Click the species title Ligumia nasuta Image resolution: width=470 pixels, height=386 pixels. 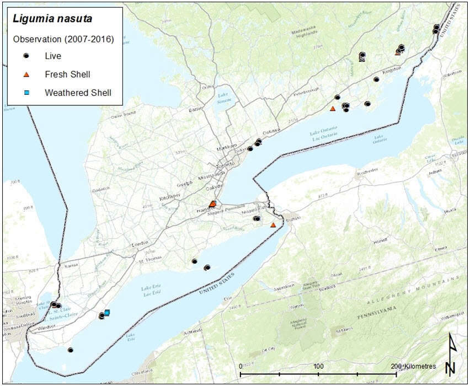click(x=52, y=20)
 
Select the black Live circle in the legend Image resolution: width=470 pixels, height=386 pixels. click(x=26, y=56)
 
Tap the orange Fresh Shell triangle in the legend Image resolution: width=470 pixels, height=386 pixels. click(x=26, y=74)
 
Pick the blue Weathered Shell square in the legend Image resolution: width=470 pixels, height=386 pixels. click(x=26, y=93)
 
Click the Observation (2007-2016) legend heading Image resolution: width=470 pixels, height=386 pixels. click(x=63, y=39)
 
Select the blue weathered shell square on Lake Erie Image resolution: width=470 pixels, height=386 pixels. click(x=107, y=313)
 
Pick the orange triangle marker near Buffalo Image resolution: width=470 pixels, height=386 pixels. click(x=273, y=224)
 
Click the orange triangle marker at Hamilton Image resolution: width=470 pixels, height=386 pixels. click(x=213, y=203)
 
